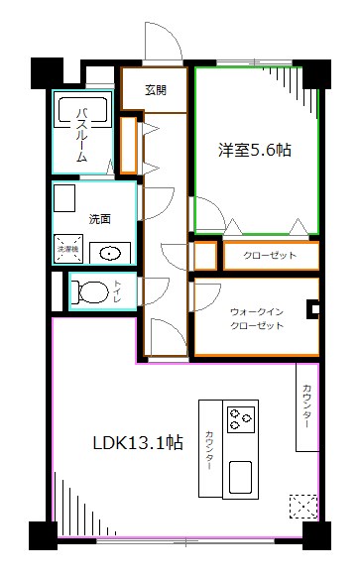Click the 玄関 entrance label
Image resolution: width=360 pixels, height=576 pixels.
(156, 89)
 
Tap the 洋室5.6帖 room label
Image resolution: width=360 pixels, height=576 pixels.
(255, 151)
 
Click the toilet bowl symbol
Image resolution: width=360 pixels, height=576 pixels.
(89, 291)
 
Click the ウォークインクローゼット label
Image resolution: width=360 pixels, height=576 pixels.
(256, 316)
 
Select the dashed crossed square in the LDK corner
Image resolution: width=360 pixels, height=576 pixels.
(302, 507)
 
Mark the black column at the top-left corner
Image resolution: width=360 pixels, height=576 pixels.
(45, 72)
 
